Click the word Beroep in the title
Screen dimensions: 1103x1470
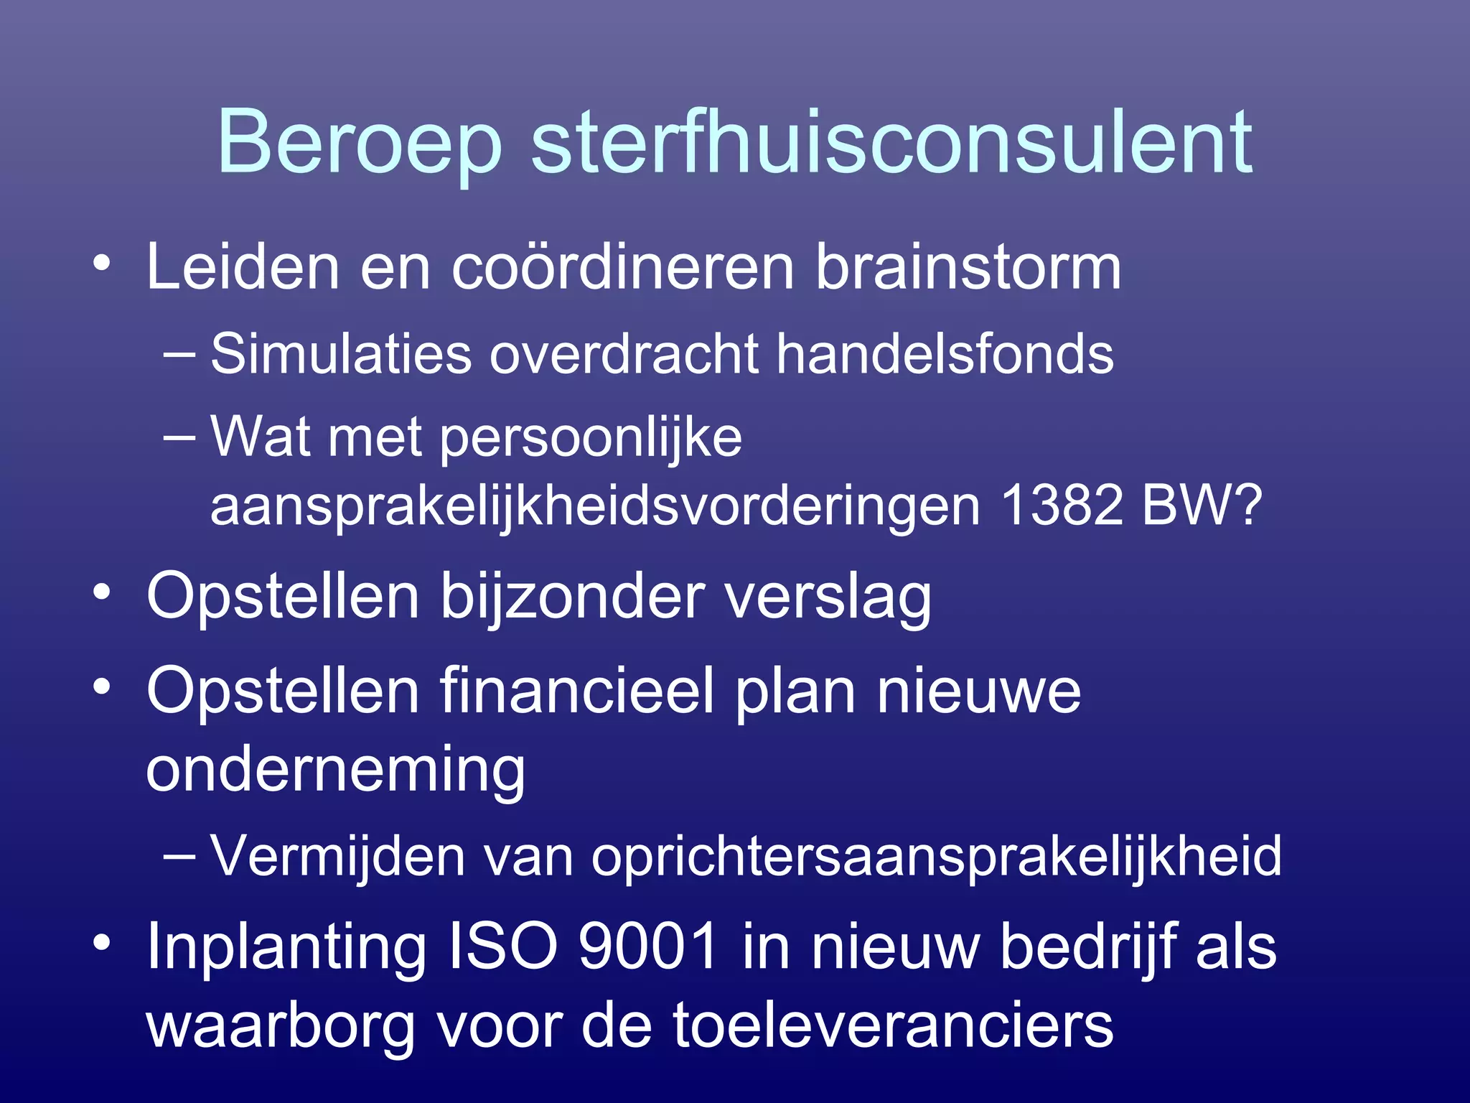coord(359,144)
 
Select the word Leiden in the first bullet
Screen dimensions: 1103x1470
coord(242,267)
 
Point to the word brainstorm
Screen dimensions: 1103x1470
coord(968,267)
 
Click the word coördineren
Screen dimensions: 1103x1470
coord(622,267)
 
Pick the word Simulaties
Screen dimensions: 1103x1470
coord(341,354)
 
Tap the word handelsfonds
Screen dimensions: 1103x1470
coord(945,354)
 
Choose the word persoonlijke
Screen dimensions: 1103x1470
coord(590,438)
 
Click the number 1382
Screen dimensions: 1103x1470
coord(1062,505)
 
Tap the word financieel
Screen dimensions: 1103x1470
coord(578,691)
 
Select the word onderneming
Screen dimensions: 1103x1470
coord(335,771)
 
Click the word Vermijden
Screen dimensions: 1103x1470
coord(337,857)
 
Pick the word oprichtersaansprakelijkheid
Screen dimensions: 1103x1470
coord(936,857)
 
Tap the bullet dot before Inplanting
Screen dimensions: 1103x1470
coord(102,942)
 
